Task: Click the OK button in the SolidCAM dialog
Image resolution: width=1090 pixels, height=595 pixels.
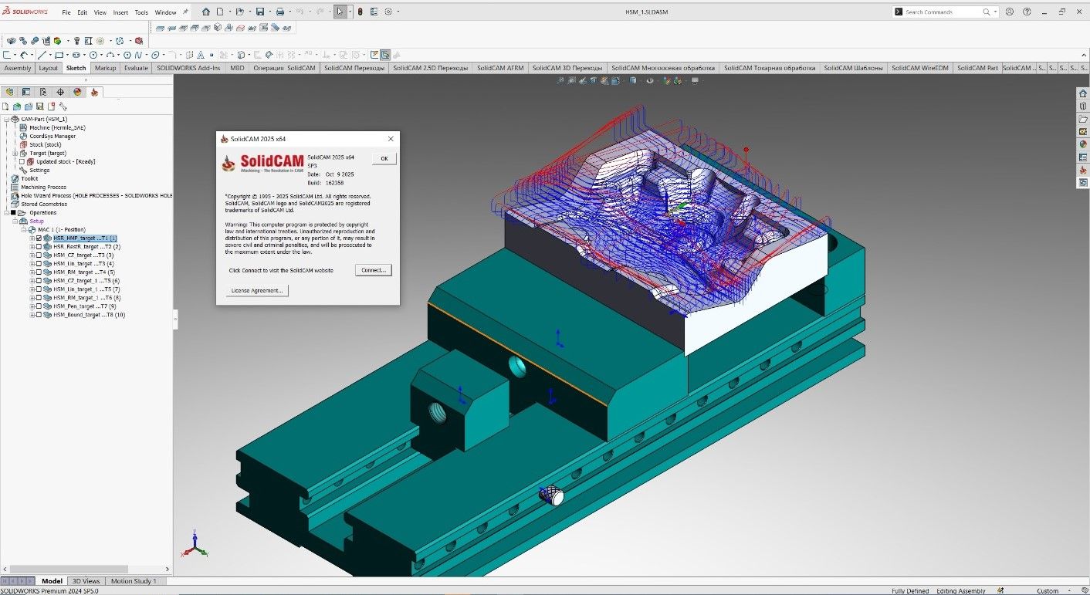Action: pyautogui.click(x=384, y=158)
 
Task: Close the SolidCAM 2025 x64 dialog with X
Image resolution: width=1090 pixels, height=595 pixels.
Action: pyautogui.click(x=391, y=139)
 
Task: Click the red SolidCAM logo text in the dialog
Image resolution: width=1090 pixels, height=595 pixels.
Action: pyautogui.click(x=271, y=161)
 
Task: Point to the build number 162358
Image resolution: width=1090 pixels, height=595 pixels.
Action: pyautogui.click(x=335, y=183)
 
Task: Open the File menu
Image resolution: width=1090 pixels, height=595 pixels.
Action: pyautogui.click(x=66, y=12)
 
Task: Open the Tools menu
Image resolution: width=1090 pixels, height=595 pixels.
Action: pyautogui.click(x=141, y=12)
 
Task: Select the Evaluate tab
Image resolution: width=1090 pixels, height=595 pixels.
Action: pyautogui.click(x=136, y=68)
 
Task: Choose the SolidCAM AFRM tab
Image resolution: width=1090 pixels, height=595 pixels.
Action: pyautogui.click(x=500, y=68)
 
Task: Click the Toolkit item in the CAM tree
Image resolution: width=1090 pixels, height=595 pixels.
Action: pyautogui.click(x=29, y=178)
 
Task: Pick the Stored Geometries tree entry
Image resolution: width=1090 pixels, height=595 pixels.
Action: pyautogui.click(x=44, y=204)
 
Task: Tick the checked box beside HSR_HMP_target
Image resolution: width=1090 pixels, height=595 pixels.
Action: pyautogui.click(x=39, y=238)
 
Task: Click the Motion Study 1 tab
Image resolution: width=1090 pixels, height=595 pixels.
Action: pyautogui.click(x=134, y=581)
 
